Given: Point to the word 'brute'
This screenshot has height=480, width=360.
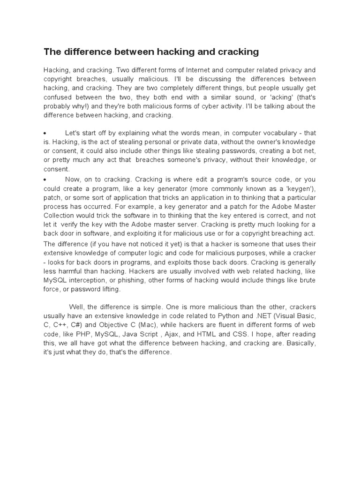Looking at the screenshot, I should coord(307,280).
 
